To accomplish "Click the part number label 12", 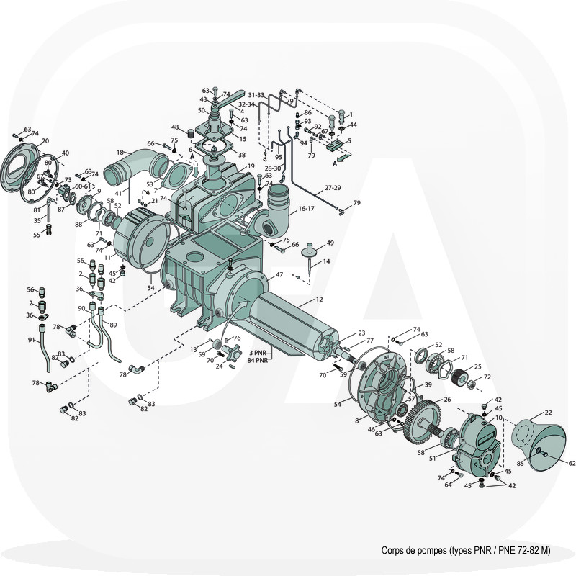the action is (x=319, y=299).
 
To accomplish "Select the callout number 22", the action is (x=548, y=413).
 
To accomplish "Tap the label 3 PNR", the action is (x=258, y=353).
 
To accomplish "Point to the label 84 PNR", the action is (x=257, y=361).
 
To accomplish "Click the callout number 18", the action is (x=120, y=152).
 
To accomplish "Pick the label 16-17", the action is (x=307, y=208).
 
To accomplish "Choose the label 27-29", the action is (x=333, y=188).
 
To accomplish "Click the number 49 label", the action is (x=330, y=243).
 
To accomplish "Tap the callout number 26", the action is (x=446, y=400).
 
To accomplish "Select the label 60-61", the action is (x=82, y=186).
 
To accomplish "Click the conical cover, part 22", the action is (x=539, y=444).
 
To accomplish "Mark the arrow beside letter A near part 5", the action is (x=344, y=157).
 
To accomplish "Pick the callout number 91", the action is (x=32, y=340).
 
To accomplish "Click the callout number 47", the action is (x=279, y=274).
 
